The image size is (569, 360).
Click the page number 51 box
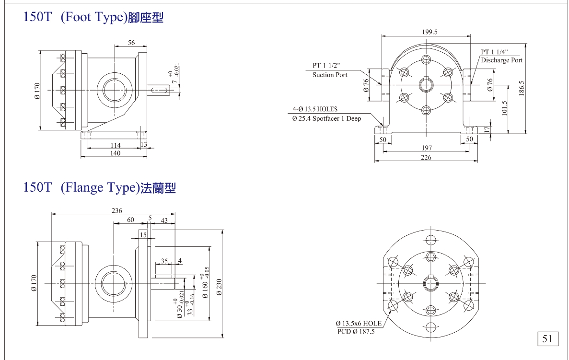547,339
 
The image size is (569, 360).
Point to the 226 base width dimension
426,157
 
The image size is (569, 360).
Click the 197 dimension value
426,149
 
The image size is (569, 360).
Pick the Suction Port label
330,75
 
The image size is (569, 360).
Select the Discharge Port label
502,60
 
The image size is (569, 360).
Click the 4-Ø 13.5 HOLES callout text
315,109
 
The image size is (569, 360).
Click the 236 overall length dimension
116,210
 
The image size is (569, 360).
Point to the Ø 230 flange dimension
219,285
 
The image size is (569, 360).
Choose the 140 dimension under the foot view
115,153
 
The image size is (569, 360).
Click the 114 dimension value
116,145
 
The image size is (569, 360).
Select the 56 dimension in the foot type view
131,43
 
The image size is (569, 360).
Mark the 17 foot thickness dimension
487,129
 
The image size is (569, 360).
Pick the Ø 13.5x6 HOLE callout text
359,324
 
